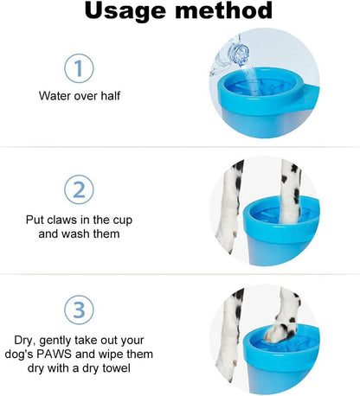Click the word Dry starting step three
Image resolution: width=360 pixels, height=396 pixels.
pos(25,341)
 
